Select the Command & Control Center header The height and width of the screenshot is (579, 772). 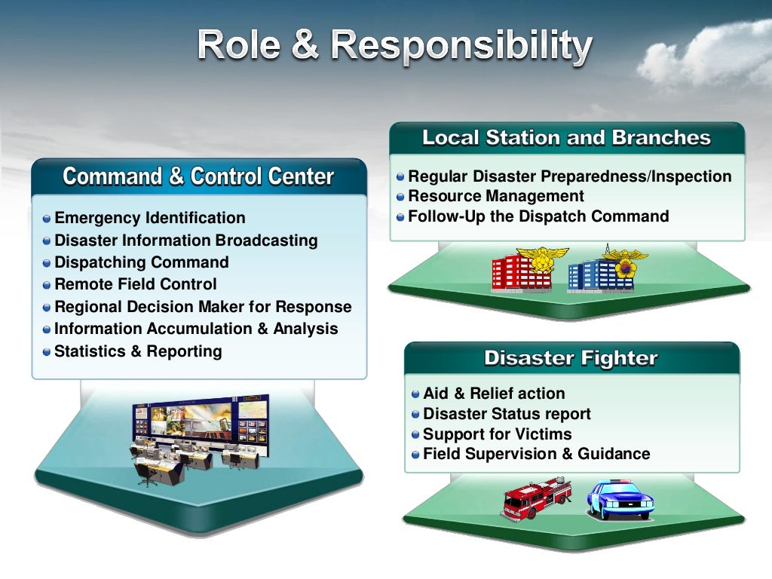198,176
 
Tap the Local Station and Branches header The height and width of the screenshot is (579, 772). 566,138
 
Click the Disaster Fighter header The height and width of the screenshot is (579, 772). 571,358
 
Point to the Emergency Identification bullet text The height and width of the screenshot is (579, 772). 150,218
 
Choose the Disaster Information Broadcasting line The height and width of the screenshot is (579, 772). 185,240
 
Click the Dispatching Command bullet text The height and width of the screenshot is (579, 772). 142,262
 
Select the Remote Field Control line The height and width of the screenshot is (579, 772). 136,284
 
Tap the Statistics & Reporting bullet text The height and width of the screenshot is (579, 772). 138,351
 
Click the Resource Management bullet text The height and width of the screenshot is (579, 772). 496,196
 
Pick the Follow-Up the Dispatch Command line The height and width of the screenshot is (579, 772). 538,216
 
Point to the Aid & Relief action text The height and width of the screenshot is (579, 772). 494,394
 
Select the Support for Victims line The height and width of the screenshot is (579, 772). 497,434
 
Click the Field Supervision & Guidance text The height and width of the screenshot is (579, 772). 536,454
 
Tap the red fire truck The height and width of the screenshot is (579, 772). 536,498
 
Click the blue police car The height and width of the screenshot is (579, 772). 620,498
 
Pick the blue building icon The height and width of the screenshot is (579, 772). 601,272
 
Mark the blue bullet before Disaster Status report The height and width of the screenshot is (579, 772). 416,415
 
